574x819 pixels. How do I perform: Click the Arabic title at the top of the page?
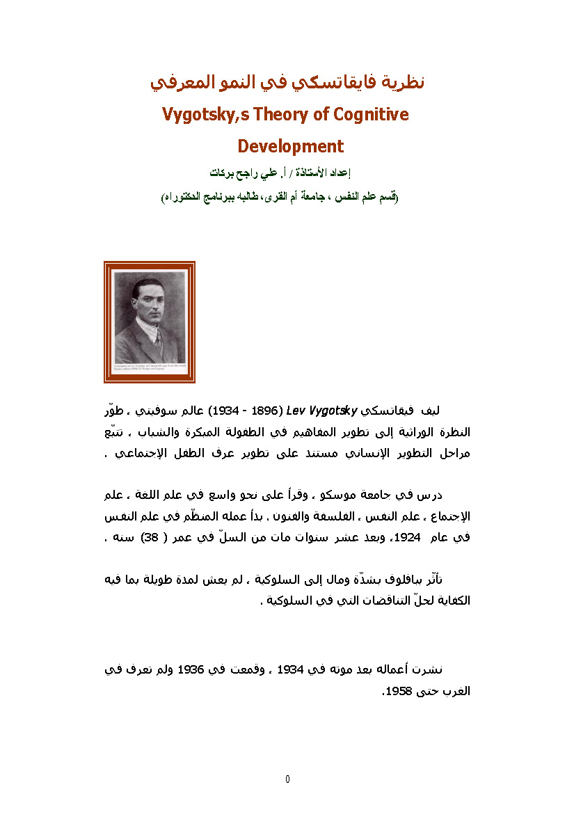click(287, 82)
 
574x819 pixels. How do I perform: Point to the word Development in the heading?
click(290, 146)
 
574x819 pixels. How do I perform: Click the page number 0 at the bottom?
click(287, 779)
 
